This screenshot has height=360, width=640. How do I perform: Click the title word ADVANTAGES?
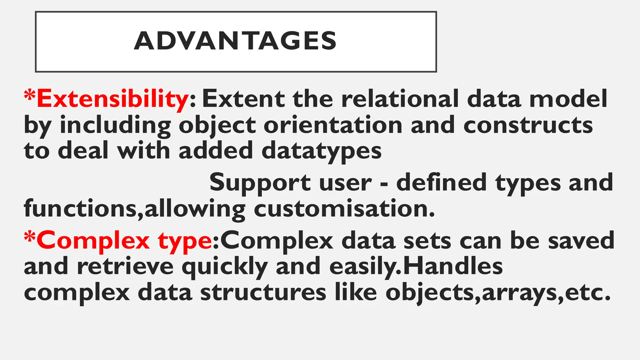point(235,41)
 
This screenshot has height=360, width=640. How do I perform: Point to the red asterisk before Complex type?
point(30,237)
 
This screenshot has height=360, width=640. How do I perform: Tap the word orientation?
point(333,125)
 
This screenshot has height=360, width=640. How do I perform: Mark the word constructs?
point(528,125)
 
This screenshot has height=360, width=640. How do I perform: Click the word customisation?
point(344,209)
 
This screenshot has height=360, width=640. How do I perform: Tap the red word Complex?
point(93,241)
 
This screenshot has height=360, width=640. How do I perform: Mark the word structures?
point(263,293)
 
